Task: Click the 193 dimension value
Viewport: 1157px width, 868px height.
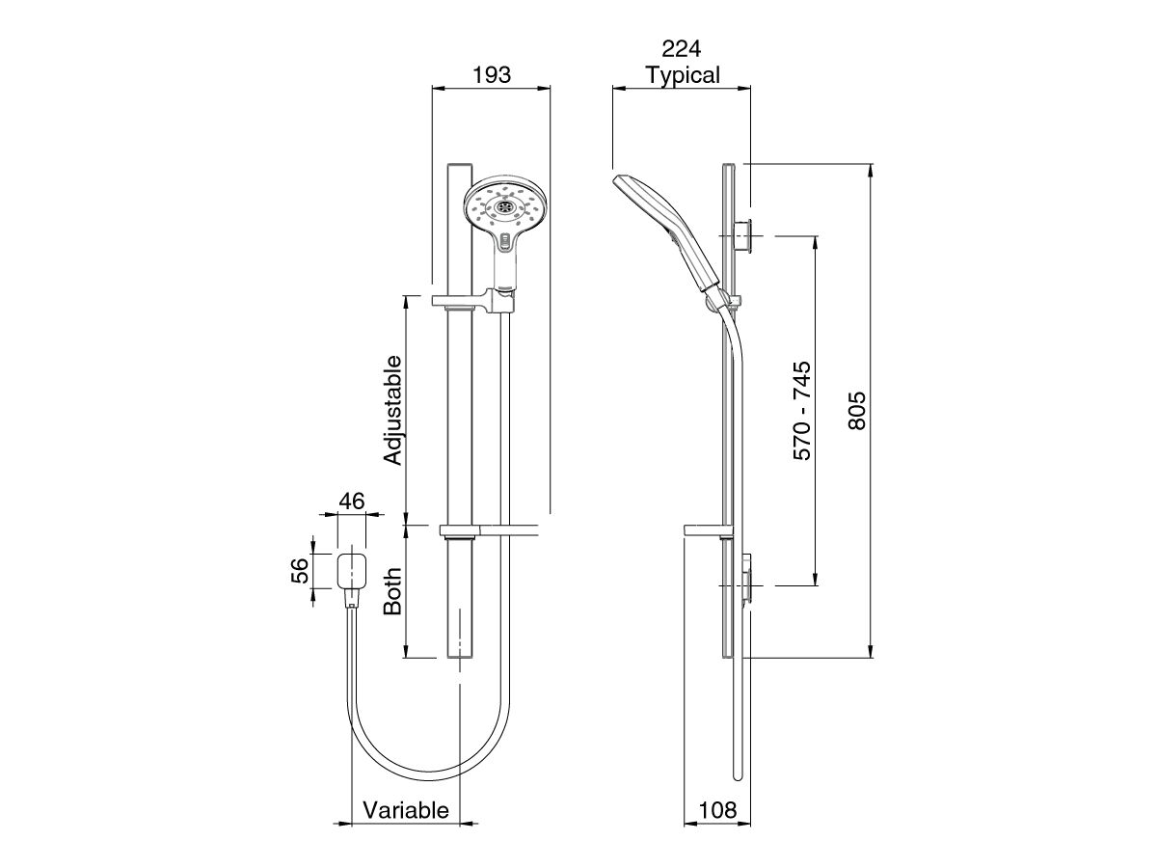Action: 490,74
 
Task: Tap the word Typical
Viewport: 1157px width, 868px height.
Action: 682,75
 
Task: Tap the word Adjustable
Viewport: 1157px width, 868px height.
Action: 392,410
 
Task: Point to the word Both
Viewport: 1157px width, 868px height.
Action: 392,590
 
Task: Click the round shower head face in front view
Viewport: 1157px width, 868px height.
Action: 505,206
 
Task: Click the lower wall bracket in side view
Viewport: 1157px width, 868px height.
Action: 746,579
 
